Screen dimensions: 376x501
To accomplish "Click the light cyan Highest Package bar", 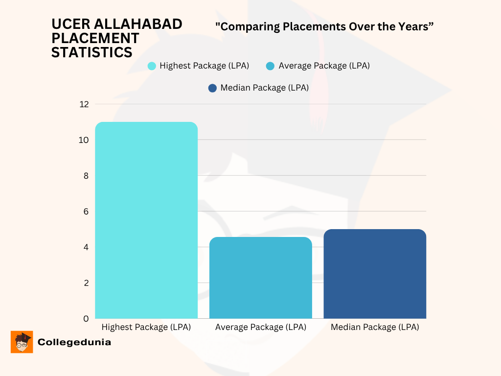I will tap(146, 220).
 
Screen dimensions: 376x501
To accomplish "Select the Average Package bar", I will tap(261, 278).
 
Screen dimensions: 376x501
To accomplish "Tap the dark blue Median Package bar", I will tap(375, 274).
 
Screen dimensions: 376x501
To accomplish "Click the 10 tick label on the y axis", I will tap(84, 140).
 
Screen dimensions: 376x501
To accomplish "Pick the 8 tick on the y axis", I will tap(86, 175).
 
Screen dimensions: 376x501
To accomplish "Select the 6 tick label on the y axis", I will tap(86, 211).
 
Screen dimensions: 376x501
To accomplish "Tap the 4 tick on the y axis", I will tap(86, 247).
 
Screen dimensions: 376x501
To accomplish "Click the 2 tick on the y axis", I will tap(86, 282).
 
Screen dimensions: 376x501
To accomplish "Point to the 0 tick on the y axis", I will tap(86, 318).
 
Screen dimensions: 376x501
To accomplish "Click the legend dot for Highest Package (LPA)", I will tap(152, 66).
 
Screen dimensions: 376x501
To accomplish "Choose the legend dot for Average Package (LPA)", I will tap(270, 66).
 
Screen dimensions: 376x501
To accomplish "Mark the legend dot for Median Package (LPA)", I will tap(212, 88).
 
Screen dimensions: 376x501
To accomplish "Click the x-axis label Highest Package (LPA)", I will tap(146, 327).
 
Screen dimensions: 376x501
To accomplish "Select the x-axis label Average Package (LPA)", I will tap(261, 327).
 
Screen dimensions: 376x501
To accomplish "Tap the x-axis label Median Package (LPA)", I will tap(375, 327).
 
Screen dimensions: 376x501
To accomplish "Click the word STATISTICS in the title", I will tap(92, 52).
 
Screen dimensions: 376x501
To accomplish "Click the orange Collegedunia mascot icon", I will tap(22, 342).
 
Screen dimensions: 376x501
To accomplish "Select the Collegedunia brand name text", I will tap(74, 342).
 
